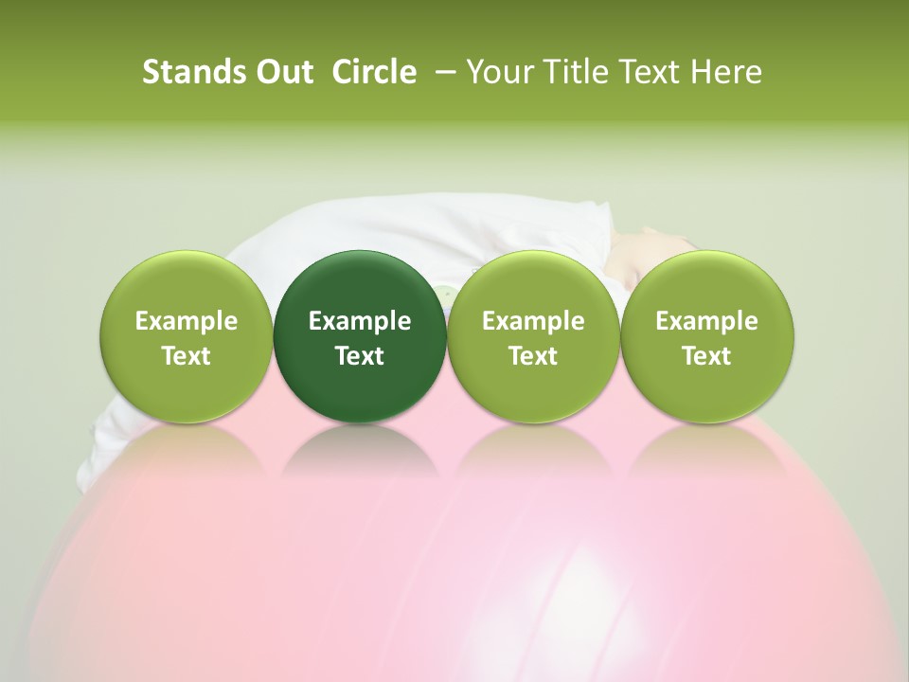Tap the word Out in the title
[x=282, y=72]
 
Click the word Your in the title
[x=497, y=72]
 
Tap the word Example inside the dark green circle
[x=360, y=321]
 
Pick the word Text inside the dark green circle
[x=360, y=356]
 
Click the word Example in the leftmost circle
[x=187, y=321]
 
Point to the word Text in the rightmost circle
[x=707, y=356]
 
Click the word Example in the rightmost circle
[x=707, y=321]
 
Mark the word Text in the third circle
[x=533, y=356]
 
